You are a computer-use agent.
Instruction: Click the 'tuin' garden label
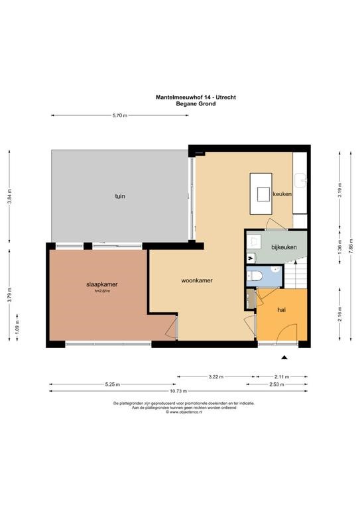click(120, 196)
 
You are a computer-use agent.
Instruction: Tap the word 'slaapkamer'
click(101, 284)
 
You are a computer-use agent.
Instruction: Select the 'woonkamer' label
click(197, 280)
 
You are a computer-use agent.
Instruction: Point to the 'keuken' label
click(282, 194)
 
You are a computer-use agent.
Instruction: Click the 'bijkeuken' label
click(284, 247)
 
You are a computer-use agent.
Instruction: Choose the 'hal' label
click(282, 310)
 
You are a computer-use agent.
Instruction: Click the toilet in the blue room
click(255, 276)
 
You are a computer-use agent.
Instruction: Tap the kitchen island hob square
click(263, 194)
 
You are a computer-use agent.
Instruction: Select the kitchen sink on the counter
click(300, 180)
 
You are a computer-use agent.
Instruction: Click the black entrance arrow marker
click(284, 357)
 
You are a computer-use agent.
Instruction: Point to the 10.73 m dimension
click(178, 391)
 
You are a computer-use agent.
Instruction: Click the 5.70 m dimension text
click(120, 115)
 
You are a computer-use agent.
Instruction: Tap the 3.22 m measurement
click(216, 377)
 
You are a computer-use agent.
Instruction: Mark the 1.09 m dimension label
click(17, 327)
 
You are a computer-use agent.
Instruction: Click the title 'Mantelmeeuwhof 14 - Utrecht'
click(196, 97)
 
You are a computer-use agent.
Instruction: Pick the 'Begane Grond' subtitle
click(196, 104)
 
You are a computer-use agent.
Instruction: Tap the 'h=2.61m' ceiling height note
click(102, 291)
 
